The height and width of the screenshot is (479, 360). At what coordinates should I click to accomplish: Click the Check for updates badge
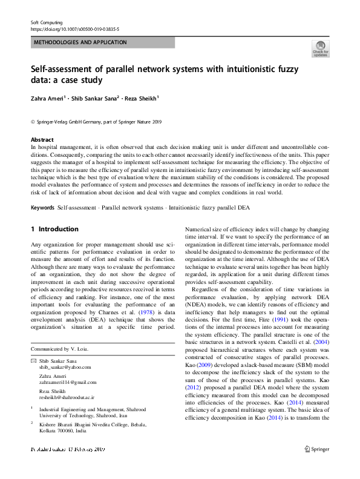coord(320,48)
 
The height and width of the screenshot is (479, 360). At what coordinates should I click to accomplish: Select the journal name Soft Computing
coord(47,22)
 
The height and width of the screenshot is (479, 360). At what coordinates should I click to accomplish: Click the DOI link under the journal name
coord(74,28)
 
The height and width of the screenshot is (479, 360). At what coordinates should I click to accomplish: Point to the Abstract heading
coord(42,140)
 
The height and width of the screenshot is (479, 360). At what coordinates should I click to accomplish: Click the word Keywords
coord(42,208)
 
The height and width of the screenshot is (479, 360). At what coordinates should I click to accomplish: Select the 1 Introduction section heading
coord(54,230)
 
